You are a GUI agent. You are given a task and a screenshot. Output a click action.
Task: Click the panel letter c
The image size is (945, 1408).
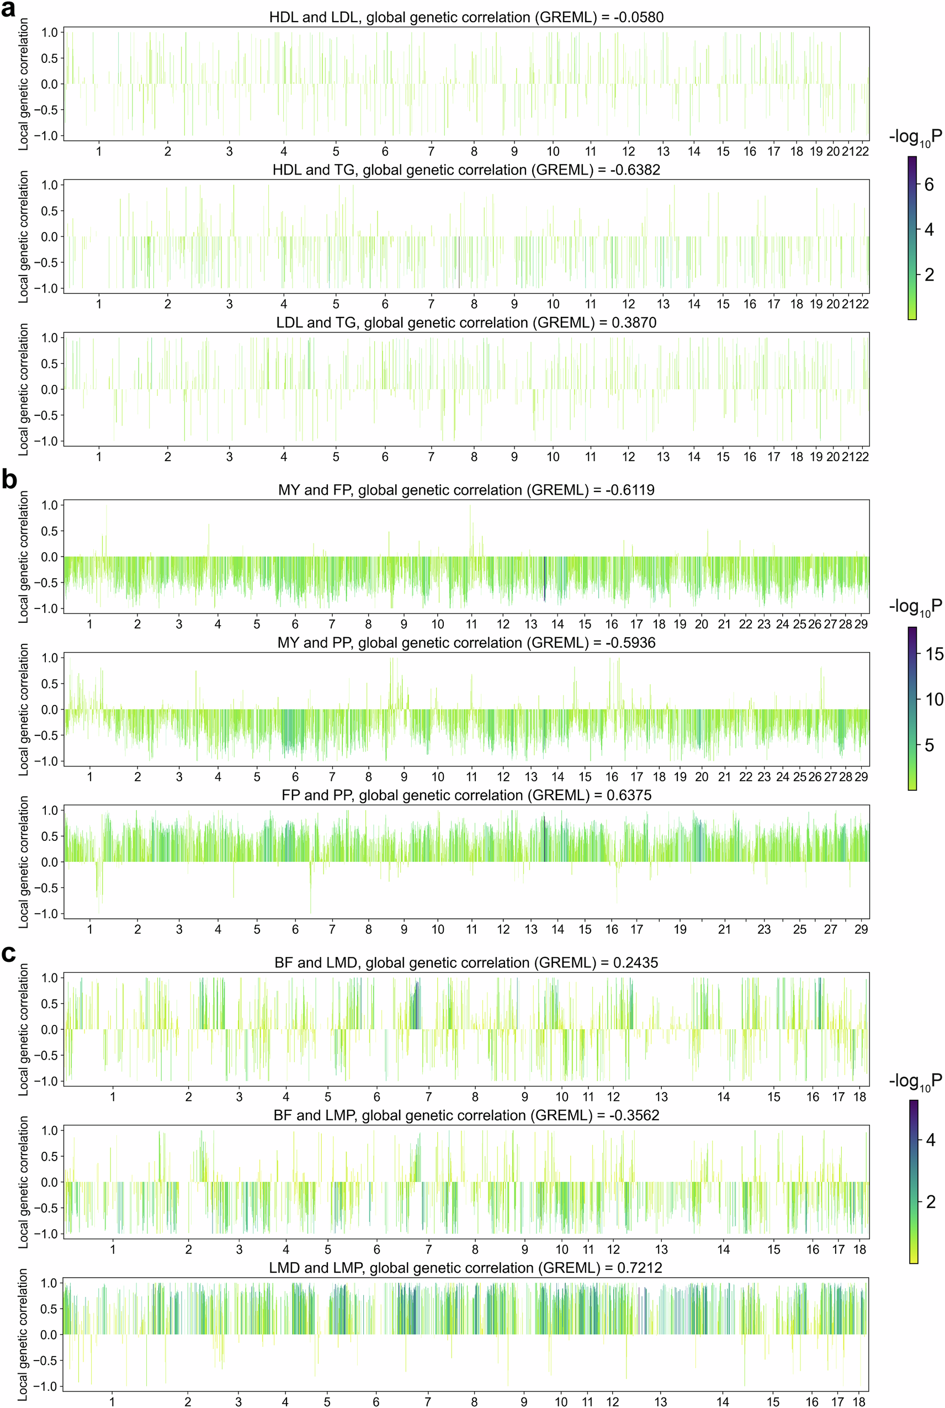tap(8, 954)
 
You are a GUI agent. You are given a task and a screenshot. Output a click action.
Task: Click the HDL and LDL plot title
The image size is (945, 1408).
tap(466, 17)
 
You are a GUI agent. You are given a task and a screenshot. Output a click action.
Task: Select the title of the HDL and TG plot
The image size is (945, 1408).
tap(466, 170)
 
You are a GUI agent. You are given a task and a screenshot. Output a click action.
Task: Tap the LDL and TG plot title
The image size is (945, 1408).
tap(466, 322)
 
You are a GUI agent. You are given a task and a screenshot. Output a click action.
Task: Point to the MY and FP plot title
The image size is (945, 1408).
tap(466, 490)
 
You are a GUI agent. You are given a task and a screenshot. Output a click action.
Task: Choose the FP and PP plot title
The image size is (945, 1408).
tap(466, 795)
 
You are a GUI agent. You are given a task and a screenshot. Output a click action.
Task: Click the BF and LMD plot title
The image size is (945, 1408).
tap(466, 962)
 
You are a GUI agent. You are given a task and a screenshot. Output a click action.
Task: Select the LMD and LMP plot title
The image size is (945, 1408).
tap(466, 1268)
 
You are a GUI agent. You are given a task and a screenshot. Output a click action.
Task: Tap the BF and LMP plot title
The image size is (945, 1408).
tap(466, 1115)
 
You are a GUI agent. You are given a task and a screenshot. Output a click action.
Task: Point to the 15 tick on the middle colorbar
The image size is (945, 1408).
tap(933, 654)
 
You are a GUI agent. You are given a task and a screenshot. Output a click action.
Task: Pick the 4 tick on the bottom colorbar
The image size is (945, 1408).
tap(930, 1140)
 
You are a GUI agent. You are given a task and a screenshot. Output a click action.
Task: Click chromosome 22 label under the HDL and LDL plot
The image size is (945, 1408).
tap(862, 151)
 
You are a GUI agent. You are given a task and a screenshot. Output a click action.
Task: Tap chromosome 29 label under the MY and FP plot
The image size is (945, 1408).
tap(861, 624)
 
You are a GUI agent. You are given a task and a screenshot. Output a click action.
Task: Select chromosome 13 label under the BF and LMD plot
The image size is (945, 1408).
tap(661, 1097)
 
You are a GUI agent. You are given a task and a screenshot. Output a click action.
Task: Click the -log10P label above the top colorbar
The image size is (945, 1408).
tap(914, 138)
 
